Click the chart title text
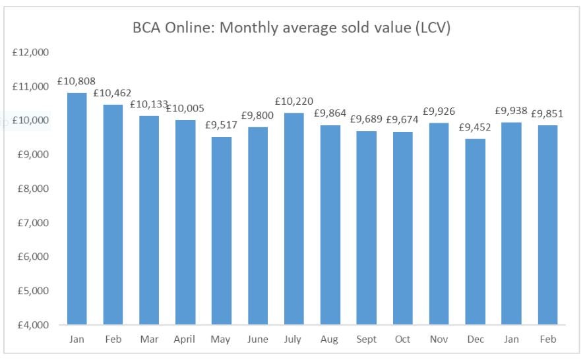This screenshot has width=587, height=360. [290, 29]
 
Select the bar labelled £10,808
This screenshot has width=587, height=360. [77, 208]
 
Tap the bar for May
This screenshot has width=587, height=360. [221, 231]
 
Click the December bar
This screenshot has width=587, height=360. [475, 231]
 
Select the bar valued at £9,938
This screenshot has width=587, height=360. [511, 224]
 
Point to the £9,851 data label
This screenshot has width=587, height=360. [547, 113]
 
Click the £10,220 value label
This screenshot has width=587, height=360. [293, 102]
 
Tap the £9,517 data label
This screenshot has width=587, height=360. [222, 125]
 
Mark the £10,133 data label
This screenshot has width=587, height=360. [149, 104]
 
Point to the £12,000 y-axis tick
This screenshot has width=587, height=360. [31, 52]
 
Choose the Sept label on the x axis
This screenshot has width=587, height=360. [366, 340]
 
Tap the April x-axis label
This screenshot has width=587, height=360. [185, 340]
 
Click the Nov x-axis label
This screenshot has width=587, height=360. [439, 340]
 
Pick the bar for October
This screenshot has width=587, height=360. [402, 228]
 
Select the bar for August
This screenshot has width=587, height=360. [330, 225]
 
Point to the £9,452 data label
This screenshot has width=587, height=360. [475, 127]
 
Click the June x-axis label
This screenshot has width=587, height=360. [257, 340]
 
